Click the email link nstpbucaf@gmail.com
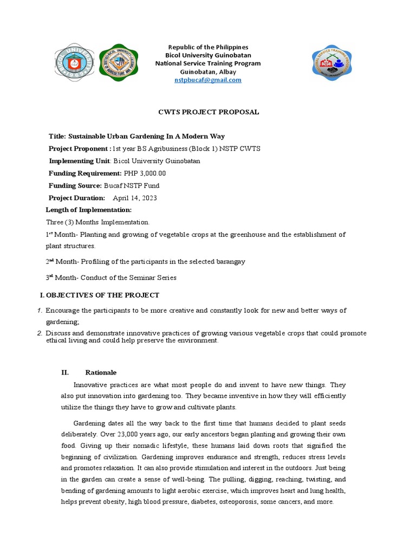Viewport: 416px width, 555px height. click(x=208, y=80)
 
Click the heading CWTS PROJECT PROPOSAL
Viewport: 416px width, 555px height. click(x=207, y=112)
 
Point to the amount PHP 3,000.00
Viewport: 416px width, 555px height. click(x=145, y=173)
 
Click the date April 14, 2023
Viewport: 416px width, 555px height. click(x=135, y=198)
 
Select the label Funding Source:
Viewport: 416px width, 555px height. click(x=75, y=185)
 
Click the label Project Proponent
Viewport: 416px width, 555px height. click(x=79, y=149)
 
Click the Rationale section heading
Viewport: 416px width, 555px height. click(x=101, y=372)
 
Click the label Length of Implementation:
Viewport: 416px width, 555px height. click(x=89, y=210)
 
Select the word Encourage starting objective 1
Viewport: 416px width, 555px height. click(x=63, y=311)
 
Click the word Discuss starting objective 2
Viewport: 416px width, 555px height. click(x=58, y=333)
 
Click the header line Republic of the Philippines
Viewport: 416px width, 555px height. click(x=208, y=47)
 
